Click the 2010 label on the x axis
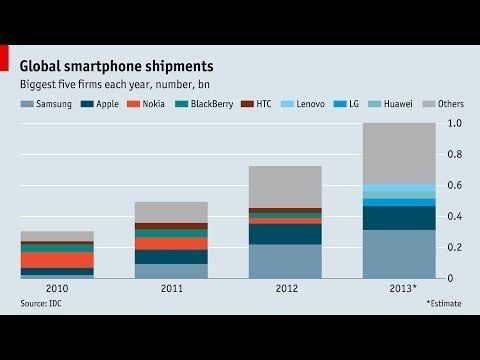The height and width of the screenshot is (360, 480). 57,287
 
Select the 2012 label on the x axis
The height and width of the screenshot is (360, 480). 285,287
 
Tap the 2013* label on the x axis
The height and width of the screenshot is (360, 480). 399,287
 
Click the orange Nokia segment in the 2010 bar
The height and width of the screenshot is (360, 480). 57,260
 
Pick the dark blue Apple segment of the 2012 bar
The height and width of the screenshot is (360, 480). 285,234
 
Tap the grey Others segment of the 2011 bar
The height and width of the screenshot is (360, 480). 171,212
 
